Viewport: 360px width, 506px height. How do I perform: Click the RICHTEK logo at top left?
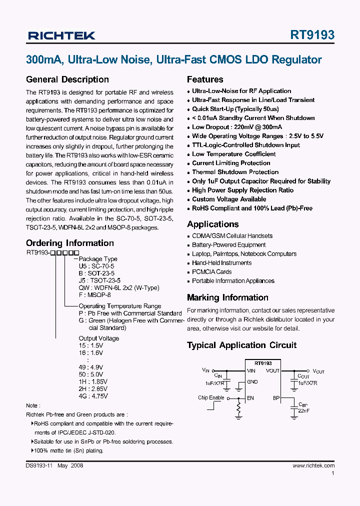61,35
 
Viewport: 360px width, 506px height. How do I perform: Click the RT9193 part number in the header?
312,35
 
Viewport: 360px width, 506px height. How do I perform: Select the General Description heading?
67,79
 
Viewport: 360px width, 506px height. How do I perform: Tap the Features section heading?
205,79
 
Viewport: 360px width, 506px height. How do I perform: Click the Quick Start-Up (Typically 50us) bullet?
235,109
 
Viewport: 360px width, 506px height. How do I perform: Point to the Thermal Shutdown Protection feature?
235,172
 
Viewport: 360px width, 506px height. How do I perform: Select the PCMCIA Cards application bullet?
211,272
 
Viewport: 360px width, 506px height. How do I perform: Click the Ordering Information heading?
70,243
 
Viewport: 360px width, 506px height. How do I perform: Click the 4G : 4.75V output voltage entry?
93,396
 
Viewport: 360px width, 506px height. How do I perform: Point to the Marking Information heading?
227,297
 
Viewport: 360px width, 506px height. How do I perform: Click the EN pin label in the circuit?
250,398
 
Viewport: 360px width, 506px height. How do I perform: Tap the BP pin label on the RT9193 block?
276,398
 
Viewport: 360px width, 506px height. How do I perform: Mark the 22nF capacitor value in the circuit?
304,410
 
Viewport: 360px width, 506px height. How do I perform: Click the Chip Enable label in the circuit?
211,397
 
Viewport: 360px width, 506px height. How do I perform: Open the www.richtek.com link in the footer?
313,465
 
